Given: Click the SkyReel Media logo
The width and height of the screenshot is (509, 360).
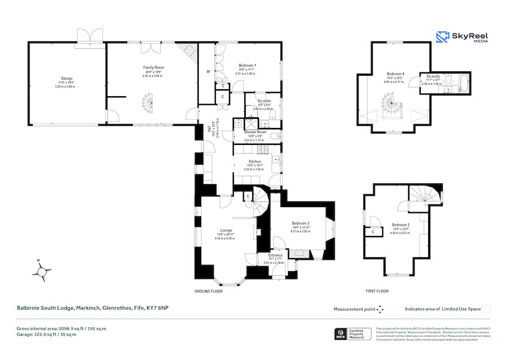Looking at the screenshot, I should (x=461, y=37).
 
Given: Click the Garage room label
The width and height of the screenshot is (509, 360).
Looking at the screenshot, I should (x=67, y=78).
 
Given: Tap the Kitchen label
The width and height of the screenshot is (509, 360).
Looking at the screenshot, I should (x=255, y=161).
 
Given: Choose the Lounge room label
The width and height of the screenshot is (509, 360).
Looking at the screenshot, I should (x=226, y=230).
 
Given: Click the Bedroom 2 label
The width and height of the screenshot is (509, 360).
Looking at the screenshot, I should (x=301, y=223).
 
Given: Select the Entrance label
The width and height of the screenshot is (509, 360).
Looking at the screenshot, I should (x=275, y=255).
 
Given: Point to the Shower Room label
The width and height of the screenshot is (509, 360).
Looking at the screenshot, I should (x=255, y=132).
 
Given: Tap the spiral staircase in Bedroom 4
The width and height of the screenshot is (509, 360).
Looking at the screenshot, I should (x=392, y=104).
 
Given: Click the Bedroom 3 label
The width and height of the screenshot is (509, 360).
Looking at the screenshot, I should (x=400, y=225).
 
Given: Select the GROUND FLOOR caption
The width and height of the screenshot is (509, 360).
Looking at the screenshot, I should (x=209, y=291).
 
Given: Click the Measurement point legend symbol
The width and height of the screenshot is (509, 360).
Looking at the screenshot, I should (x=381, y=309).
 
